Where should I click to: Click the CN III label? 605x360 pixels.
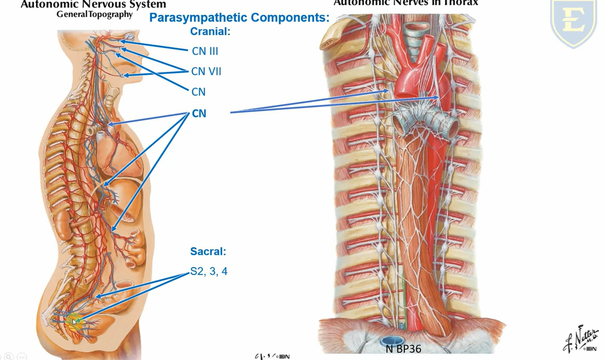205,51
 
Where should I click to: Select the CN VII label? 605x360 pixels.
206,71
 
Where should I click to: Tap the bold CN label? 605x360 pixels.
199,113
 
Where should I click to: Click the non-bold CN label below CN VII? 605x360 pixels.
198,92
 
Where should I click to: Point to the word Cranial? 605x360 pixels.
210,32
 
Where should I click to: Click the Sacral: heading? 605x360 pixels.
208,251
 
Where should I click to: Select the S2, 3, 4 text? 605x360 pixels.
209,272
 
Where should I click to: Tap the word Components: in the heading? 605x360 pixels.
289,18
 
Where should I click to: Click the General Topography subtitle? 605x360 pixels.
94,14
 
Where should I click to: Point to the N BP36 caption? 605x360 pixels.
404,349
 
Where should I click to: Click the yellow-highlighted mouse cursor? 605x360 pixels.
74,322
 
